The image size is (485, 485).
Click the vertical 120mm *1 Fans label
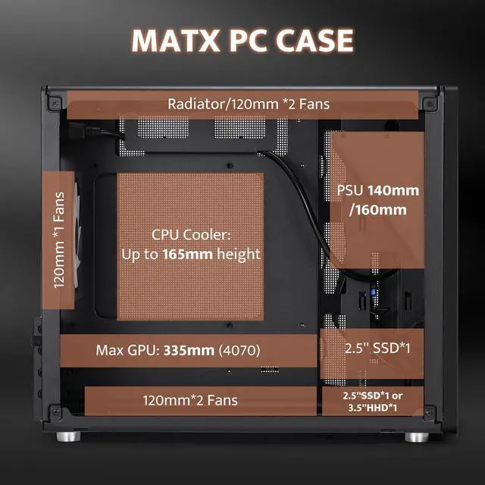click(x=60, y=240)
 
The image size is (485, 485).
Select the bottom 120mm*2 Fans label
click(x=190, y=399)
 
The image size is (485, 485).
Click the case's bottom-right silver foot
click(x=414, y=437)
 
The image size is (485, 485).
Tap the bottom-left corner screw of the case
click(x=55, y=411)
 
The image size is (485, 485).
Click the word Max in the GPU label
click(x=108, y=351)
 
